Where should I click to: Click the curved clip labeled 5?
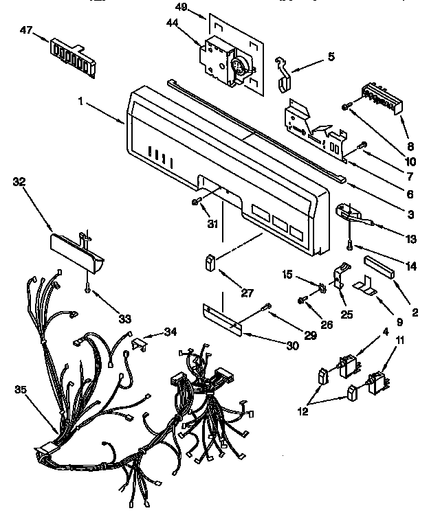[285, 73]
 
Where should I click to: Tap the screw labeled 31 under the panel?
[197, 201]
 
